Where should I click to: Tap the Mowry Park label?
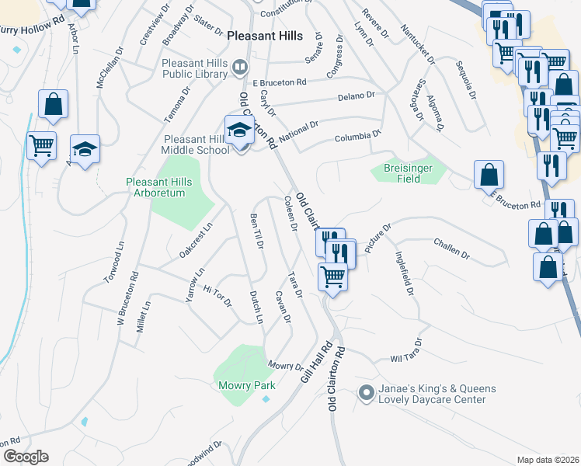pyautogui.click(x=245, y=385)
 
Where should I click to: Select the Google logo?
pyautogui.click(x=25, y=457)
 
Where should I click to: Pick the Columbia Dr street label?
pyautogui.click(x=358, y=137)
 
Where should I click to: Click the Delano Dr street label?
pyautogui.click(x=357, y=96)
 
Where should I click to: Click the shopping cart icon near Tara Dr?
pyautogui.click(x=332, y=276)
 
